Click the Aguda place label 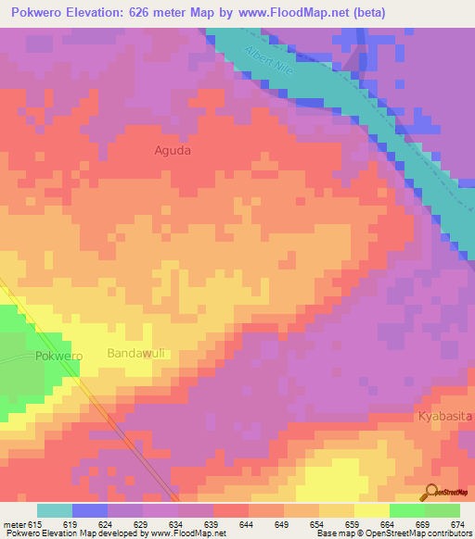pos(172,149)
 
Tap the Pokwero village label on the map pos(58,356)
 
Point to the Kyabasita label pos(444,417)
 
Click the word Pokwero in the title pos(41,12)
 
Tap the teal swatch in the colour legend pos(54,510)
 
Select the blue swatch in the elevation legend pos(89,510)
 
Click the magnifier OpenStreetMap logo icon pos(431,493)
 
